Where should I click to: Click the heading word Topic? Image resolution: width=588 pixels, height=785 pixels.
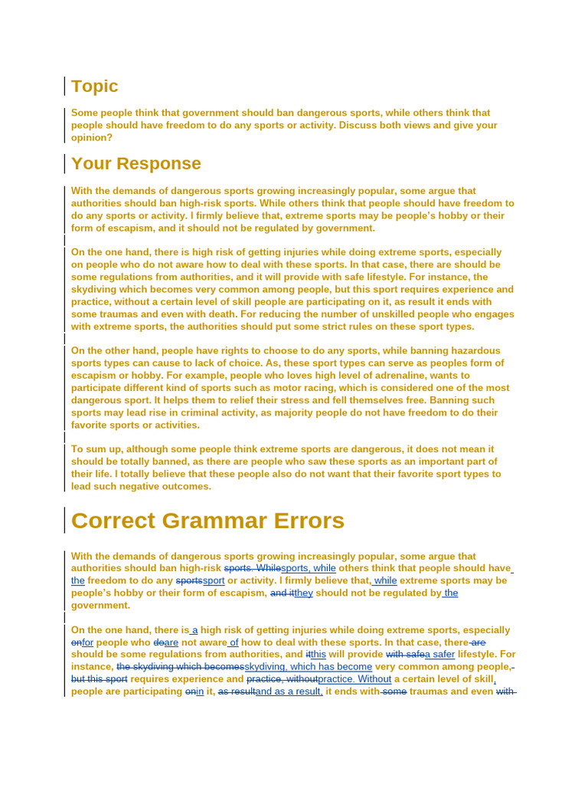point(94,87)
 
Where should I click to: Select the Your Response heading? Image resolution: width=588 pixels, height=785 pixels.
point(136,164)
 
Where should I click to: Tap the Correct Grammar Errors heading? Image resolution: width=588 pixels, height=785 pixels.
point(207,521)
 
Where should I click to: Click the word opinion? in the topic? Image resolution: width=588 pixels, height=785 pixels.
point(92,138)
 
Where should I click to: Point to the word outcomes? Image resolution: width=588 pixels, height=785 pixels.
point(186,486)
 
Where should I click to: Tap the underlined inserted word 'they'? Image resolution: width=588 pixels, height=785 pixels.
point(304,593)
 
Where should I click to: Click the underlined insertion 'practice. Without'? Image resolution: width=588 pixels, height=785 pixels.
point(354,678)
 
